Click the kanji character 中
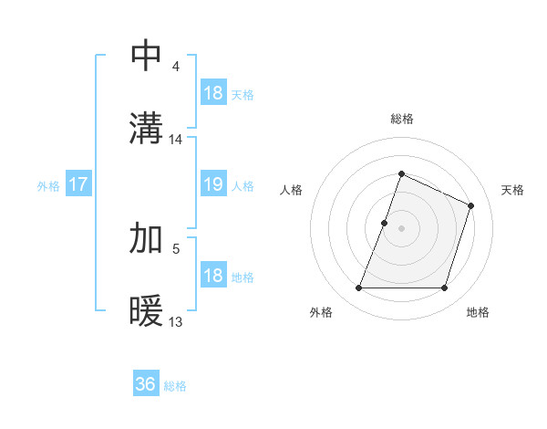(147, 56)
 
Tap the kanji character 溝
(147, 129)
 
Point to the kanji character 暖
(147, 311)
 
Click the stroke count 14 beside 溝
(176, 140)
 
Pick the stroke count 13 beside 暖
(176, 321)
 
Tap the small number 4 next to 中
(175, 67)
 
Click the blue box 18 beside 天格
(212, 93)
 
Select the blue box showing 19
(212, 184)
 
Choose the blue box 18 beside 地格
(212, 276)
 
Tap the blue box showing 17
(78, 184)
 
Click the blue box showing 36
(146, 384)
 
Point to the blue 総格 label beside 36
(175, 386)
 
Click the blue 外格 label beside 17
(48, 186)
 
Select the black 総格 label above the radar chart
(401, 119)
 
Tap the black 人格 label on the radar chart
(292, 190)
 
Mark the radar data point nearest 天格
(471, 205)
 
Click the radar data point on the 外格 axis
(358, 288)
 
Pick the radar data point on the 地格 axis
(445, 288)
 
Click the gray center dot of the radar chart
(401, 228)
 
